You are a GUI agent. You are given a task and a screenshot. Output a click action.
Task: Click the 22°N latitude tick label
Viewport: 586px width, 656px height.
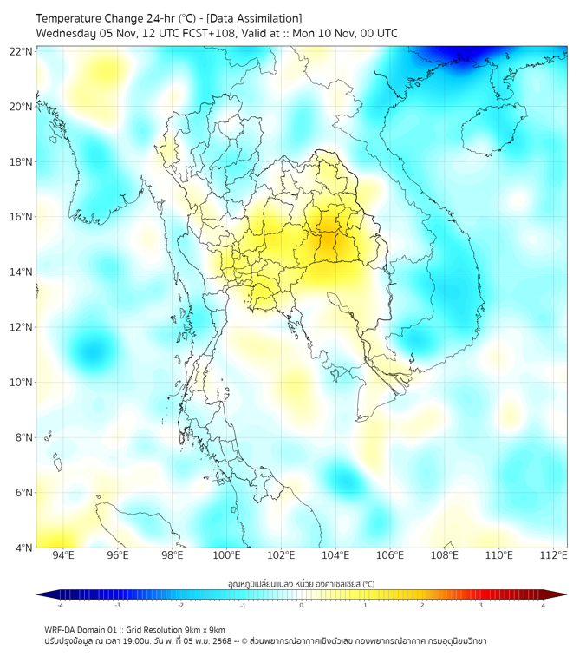tap(21, 51)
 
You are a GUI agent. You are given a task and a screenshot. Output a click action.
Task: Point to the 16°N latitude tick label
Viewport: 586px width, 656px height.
tap(21, 217)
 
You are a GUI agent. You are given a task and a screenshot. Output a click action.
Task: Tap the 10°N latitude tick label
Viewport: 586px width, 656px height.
tap(21, 383)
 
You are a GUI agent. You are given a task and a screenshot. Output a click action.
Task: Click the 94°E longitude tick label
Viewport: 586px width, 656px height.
tap(63, 556)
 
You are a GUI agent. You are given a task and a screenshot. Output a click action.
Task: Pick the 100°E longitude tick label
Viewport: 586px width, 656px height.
tap(227, 556)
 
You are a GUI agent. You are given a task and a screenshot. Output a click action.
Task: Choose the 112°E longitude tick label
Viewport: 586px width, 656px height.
tap(553, 556)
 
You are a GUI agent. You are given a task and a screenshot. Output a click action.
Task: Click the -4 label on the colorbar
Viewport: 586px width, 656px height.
tap(59, 606)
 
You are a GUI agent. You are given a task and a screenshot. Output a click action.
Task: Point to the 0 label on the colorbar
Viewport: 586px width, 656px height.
tap(302, 606)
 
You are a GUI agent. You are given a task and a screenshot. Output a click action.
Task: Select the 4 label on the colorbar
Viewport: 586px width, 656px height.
tap(544, 606)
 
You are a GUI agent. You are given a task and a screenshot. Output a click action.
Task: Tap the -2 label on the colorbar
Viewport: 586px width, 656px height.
tap(180, 606)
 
